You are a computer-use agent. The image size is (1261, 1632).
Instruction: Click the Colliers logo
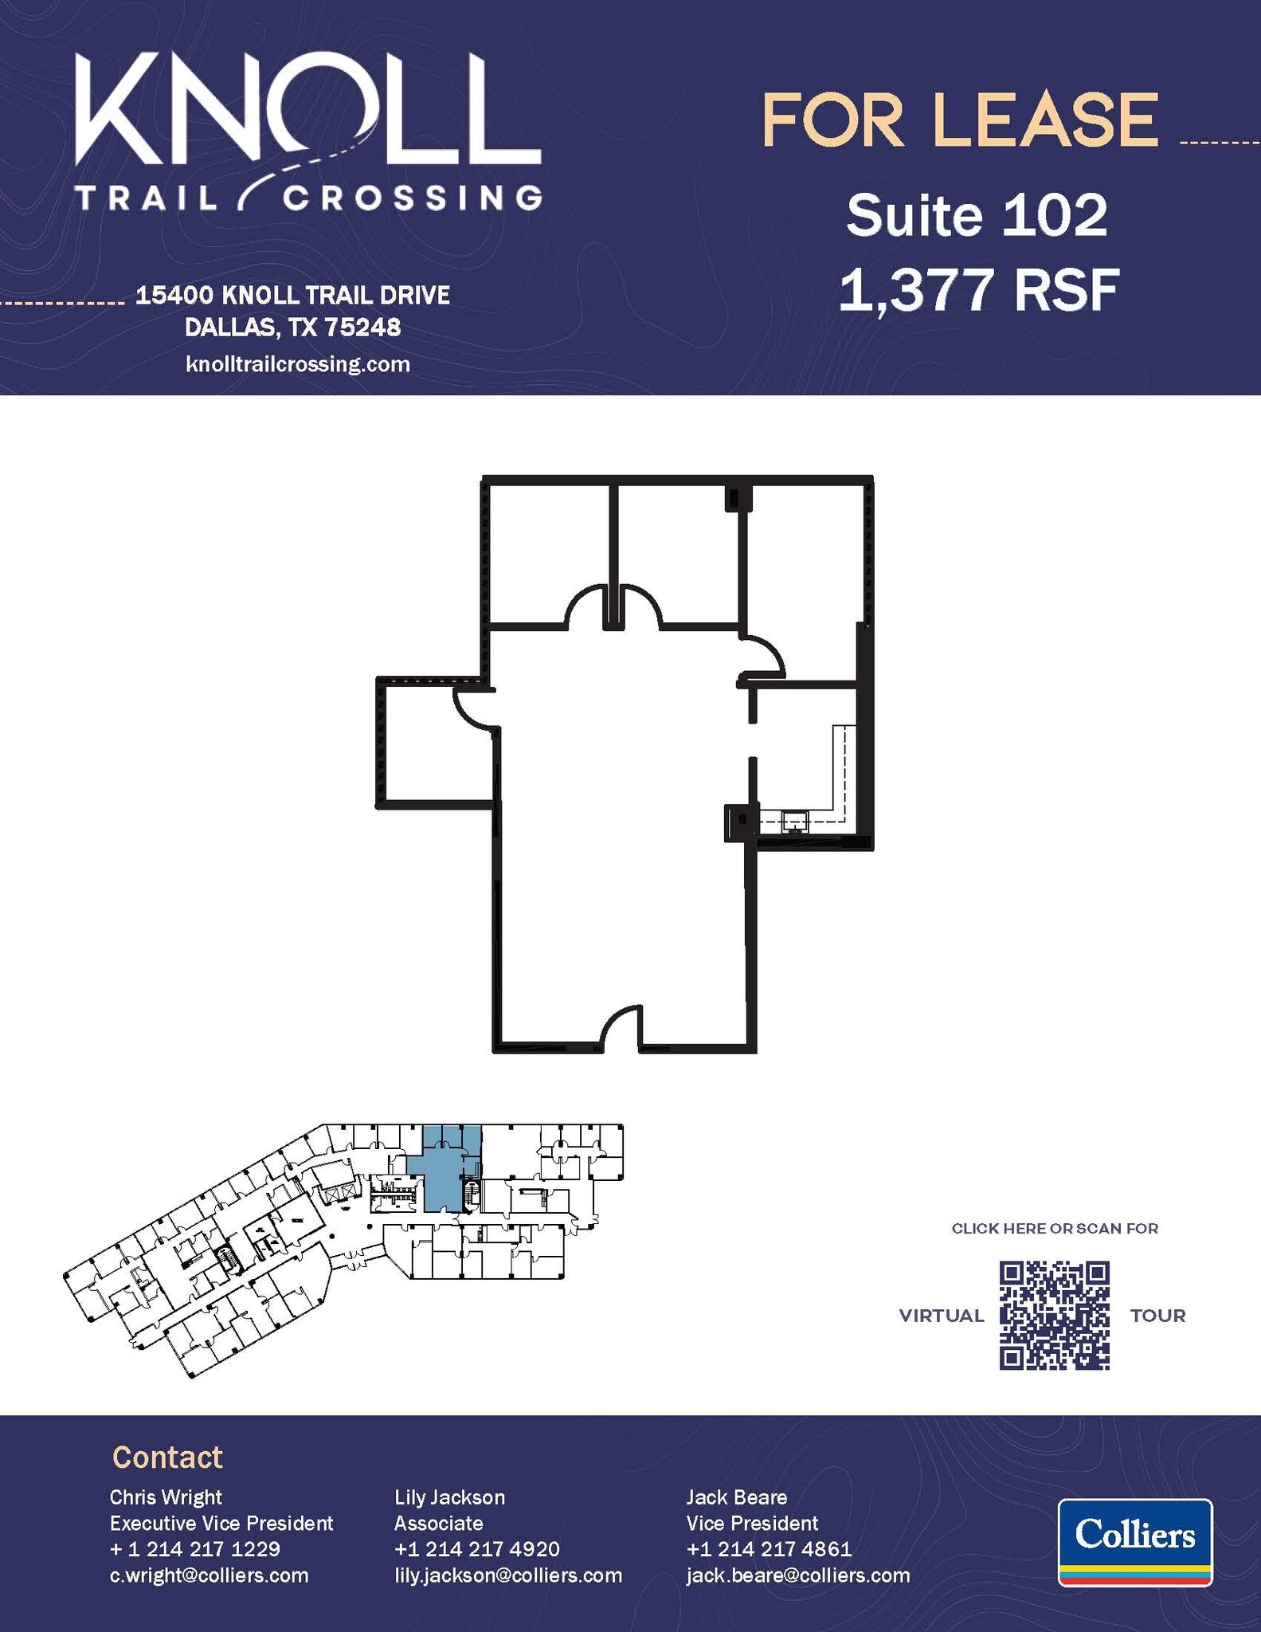point(1134,1541)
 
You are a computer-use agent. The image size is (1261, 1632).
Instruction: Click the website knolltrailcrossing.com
point(297,364)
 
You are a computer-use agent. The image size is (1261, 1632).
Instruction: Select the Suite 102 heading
point(977,215)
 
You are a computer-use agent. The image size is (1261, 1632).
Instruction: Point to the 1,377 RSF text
point(979,289)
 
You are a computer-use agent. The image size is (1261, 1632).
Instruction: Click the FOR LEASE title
point(959,121)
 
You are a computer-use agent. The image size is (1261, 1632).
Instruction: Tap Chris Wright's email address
point(209,1575)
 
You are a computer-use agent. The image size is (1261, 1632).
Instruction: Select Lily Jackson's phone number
point(476,1549)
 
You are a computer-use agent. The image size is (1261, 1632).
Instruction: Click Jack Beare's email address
point(798,1575)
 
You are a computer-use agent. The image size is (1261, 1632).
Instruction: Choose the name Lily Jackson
point(449,1497)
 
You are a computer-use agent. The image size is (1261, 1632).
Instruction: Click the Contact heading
point(167,1457)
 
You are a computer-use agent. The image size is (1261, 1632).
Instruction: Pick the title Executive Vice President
point(221,1524)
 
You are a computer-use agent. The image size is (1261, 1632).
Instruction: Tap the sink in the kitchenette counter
point(795,821)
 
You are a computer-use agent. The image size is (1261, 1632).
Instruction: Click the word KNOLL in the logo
point(307,110)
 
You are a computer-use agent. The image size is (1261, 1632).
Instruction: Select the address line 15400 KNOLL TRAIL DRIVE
point(292,296)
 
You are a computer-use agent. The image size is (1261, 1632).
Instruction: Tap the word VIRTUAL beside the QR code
point(941,1316)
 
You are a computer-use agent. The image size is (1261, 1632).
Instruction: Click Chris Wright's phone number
point(194,1549)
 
